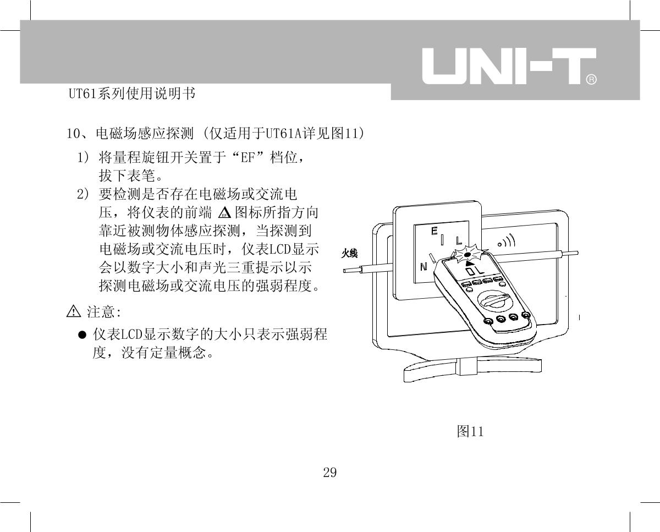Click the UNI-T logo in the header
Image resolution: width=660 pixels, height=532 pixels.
click(x=509, y=66)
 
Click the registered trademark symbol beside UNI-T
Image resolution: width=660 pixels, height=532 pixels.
click(x=592, y=79)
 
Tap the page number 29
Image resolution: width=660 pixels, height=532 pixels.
click(x=329, y=473)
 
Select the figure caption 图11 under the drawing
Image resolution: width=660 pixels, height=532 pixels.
click(x=470, y=431)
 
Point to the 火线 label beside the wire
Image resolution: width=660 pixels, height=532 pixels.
click(x=349, y=254)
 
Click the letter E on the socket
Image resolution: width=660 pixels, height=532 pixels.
click(x=434, y=231)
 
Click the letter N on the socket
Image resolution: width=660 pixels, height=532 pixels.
click(x=424, y=267)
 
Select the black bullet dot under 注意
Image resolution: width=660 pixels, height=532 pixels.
click(x=82, y=334)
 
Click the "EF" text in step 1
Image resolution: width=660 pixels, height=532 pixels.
click(x=248, y=158)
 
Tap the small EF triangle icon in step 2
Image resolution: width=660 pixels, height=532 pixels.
click(x=224, y=212)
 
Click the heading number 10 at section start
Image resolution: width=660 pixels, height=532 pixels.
click(x=73, y=134)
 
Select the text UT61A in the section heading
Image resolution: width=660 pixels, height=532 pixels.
click(x=283, y=134)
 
